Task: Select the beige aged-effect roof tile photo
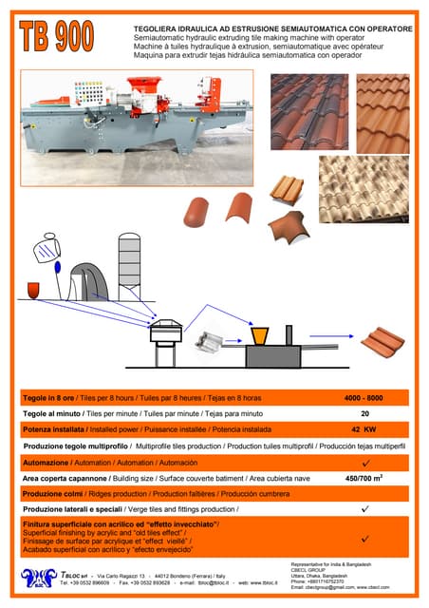click(364, 189)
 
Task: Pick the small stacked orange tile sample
click(286, 192)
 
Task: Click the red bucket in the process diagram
click(33, 288)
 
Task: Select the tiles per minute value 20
click(364, 414)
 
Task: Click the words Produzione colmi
click(56, 494)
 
